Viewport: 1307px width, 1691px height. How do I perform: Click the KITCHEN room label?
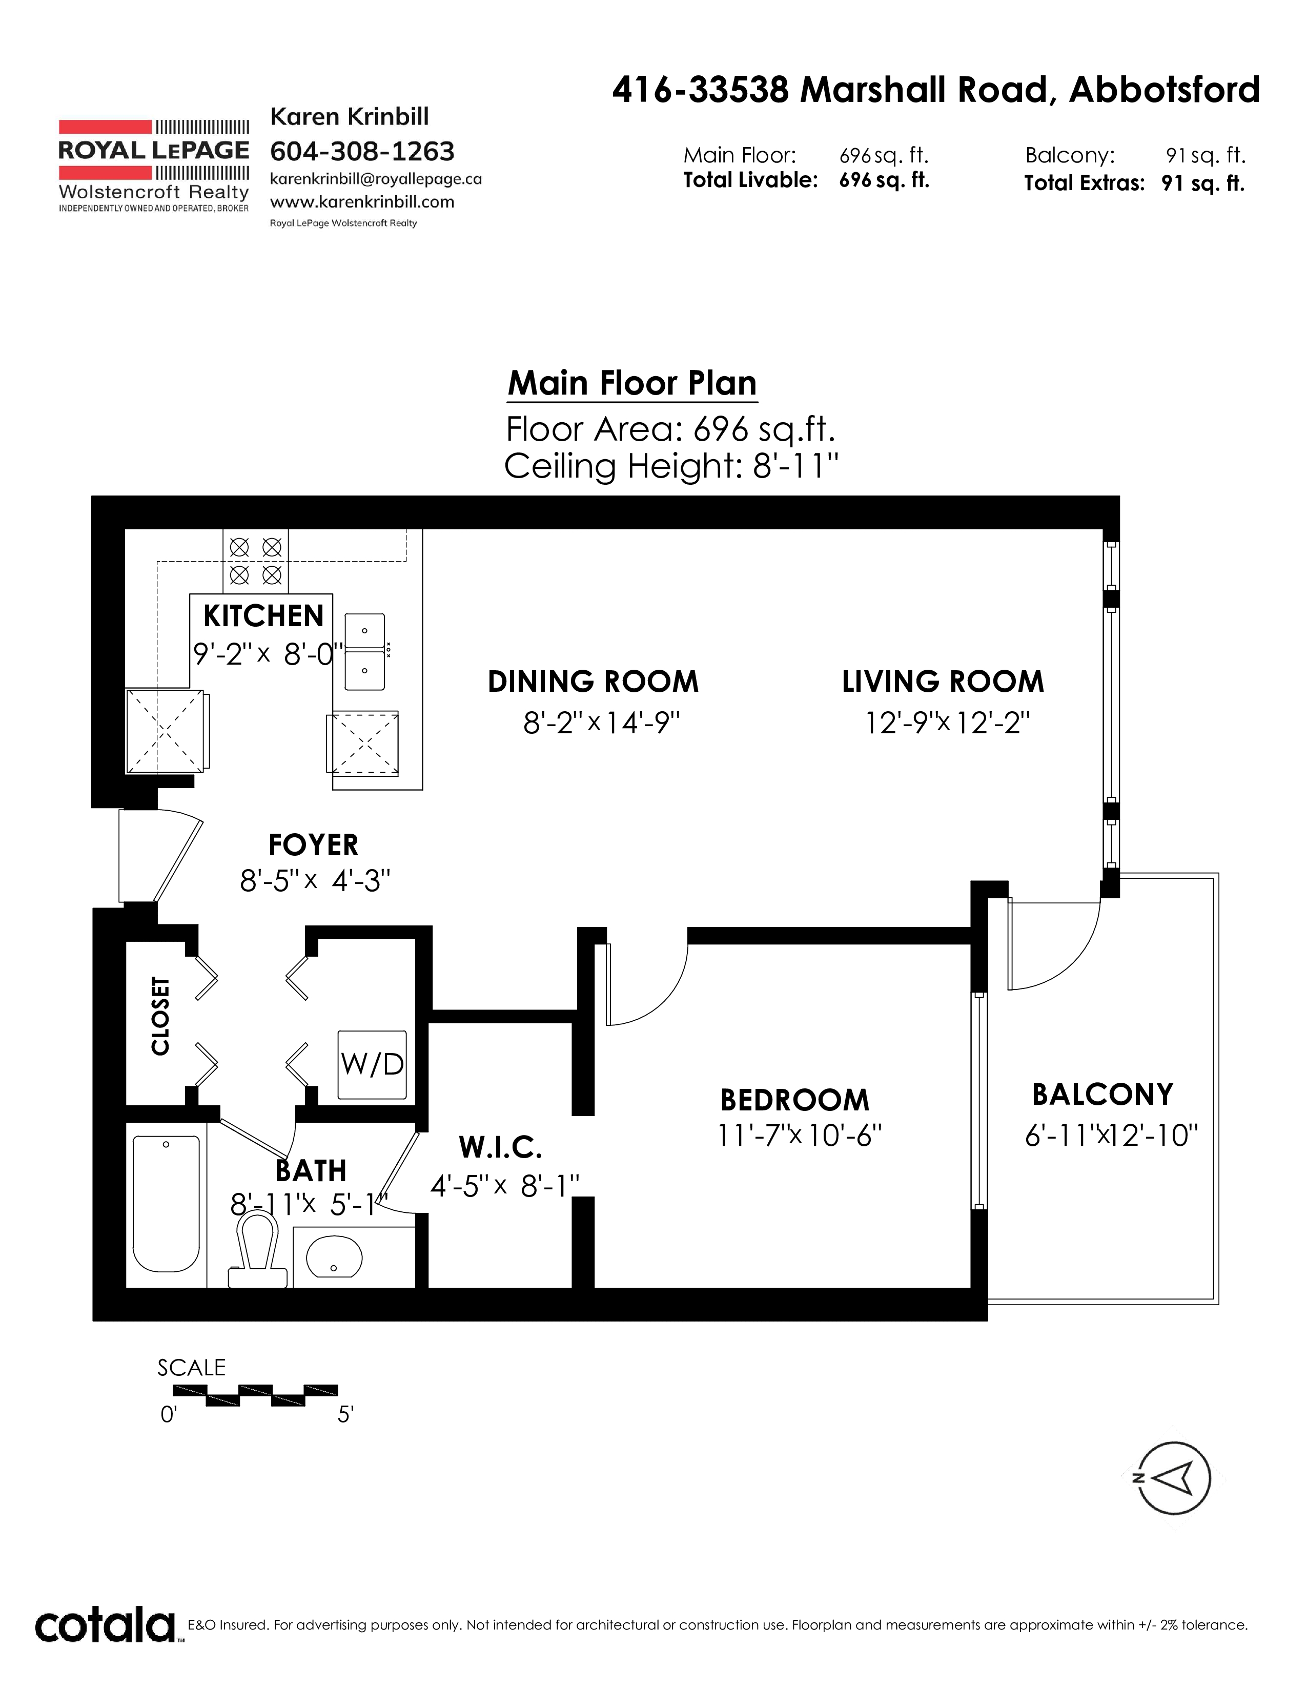tap(263, 616)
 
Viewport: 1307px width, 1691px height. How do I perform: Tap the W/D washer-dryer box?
tap(373, 1065)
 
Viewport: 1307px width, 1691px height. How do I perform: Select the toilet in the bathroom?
tap(258, 1250)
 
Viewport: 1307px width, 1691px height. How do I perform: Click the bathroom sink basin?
tap(334, 1255)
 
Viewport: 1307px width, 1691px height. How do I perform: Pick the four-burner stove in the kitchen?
tap(256, 561)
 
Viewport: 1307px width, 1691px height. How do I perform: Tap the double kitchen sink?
tap(365, 651)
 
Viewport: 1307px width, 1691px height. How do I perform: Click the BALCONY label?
tap(1102, 1095)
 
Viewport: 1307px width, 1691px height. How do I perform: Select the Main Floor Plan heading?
tap(632, 383)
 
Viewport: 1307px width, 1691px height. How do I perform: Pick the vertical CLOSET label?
tap(160, 1016)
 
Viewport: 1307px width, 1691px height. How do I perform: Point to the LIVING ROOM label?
tap(943, 682)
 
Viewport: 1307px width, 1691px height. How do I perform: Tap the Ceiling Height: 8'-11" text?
tap(671, 466)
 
